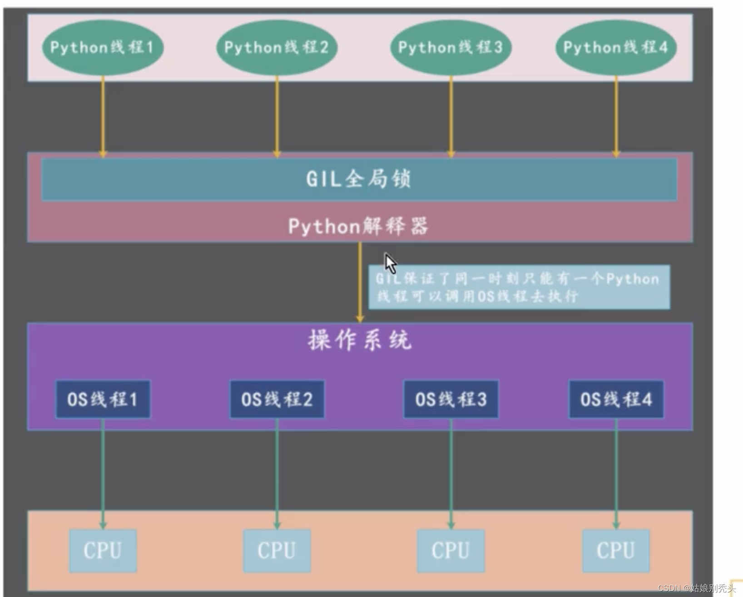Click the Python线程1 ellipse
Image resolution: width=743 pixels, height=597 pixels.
click(103, 48)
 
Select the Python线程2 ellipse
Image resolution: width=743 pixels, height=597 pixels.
click(277, 48)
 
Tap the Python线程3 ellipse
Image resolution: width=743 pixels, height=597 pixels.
click(451, 48)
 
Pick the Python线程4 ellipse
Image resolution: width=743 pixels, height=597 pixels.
click(616, 48)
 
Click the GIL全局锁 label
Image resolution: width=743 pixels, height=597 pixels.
click(359, 179)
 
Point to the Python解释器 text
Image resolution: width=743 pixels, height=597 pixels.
click(359, 226)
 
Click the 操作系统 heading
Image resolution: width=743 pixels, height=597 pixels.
click(360, 340)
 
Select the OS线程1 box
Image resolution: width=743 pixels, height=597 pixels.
click(103, 399)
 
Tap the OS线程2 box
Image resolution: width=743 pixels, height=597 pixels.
click(277, 399)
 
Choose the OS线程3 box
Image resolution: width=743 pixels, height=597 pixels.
click(451, 399)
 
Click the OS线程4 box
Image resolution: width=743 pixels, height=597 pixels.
click(616, 399)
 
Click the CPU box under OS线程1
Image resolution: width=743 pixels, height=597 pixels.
click(103, 550)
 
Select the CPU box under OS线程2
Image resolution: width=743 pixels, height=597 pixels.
click(277, 550)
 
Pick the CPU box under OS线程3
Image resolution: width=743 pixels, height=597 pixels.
click(451, 550)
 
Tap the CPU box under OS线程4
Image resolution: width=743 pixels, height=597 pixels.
click(616, 550)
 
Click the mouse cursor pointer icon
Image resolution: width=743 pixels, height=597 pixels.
click(390, 263)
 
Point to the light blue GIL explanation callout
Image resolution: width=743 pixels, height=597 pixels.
click(519, 287)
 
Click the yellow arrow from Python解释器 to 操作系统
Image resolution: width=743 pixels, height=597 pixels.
click(360, 282)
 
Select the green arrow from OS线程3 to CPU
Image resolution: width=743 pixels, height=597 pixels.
click(451, 473)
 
